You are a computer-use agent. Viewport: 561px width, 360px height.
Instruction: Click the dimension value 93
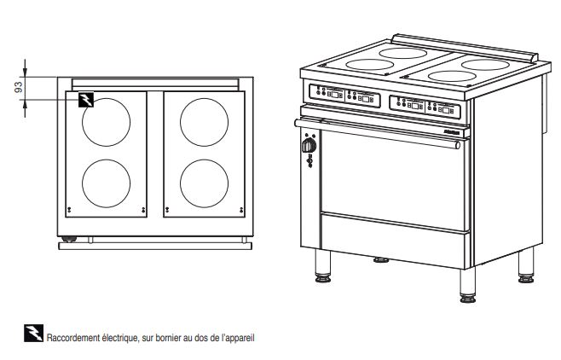(x=19, y=87)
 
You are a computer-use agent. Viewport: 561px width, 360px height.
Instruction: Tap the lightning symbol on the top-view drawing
(x=86, y=100)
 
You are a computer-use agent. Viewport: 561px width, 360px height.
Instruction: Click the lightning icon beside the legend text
(x=33, y=334)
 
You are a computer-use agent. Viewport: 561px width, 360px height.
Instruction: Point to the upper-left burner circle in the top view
(x=107, y=98)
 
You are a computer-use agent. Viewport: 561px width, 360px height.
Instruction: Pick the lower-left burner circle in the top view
(x=107, y=160)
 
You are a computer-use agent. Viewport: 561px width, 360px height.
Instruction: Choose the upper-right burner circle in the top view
(x=205, y=98)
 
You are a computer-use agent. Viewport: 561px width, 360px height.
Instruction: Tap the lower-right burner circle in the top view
(x=205, y=160)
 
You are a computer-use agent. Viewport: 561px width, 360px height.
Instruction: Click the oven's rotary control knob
(x=309, y=146)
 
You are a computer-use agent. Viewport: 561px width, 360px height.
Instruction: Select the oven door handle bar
(x=378, y=134)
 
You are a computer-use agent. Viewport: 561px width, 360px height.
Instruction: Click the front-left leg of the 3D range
(x=323, y=266)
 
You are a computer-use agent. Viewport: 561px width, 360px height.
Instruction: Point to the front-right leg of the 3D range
(x=468, y=285)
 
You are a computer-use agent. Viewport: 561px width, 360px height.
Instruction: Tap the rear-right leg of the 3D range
(x=526, y=265)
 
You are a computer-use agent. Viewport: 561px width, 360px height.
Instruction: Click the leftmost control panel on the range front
(x=327, y=93)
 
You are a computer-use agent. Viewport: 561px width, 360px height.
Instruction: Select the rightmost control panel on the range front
(x=443, y=110)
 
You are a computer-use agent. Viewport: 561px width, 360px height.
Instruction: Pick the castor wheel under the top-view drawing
(x=69, y=239)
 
